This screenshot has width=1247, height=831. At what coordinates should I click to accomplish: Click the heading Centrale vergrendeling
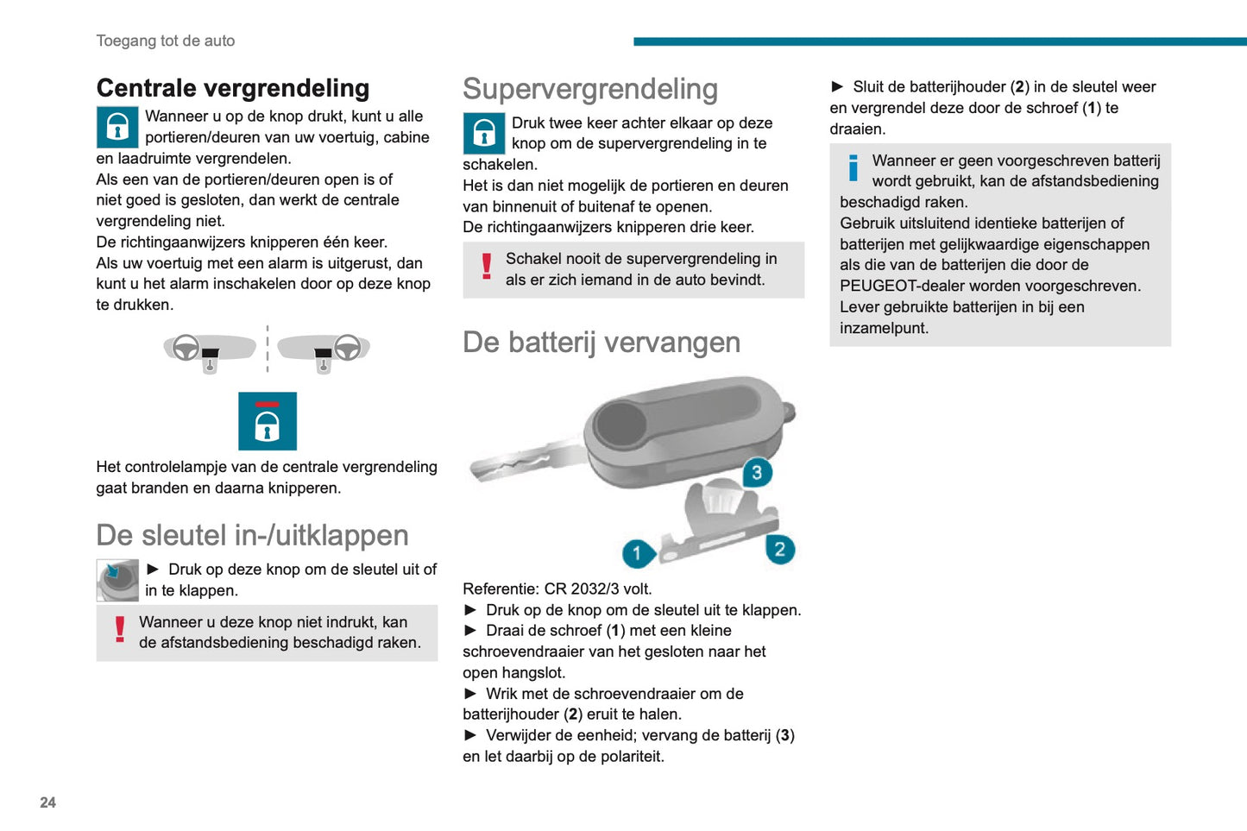(x=233, y=88)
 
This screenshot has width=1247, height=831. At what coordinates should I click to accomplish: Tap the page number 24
(x=47, y=803)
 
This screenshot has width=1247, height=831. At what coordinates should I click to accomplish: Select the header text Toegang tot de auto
(x=166, y=41)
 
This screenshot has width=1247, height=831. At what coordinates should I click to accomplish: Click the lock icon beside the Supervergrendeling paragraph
(x=484, y=134)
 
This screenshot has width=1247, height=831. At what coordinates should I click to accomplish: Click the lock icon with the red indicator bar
(x=268, y=421)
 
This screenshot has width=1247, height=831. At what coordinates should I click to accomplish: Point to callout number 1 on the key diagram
(x=637, y=553)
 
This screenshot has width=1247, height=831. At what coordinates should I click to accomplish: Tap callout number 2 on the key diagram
(x=779, y=549)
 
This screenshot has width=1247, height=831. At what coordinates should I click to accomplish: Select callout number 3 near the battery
(x=757, y=472)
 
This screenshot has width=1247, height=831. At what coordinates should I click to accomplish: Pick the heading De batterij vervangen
(x=601, y=343)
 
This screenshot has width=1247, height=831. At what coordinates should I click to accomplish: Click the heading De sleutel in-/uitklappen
(x=252, y=535)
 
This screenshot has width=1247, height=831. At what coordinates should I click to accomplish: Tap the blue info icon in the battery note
(x=853, y=167)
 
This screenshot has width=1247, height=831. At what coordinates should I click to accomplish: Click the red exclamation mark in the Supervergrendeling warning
(x=487, y=267)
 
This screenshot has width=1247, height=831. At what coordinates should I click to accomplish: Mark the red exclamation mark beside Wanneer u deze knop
(x=120, y=630)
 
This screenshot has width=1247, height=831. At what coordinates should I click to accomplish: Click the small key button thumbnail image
(x=117, y=580)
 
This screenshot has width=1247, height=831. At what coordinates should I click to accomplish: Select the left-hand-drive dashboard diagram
(x=210, y=350)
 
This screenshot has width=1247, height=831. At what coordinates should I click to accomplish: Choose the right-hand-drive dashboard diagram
(x=324, y=350)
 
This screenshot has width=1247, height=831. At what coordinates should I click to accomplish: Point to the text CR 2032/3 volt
(x=598, y=589)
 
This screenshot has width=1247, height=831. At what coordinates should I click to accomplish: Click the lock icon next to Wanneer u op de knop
(x=117, y=128)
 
